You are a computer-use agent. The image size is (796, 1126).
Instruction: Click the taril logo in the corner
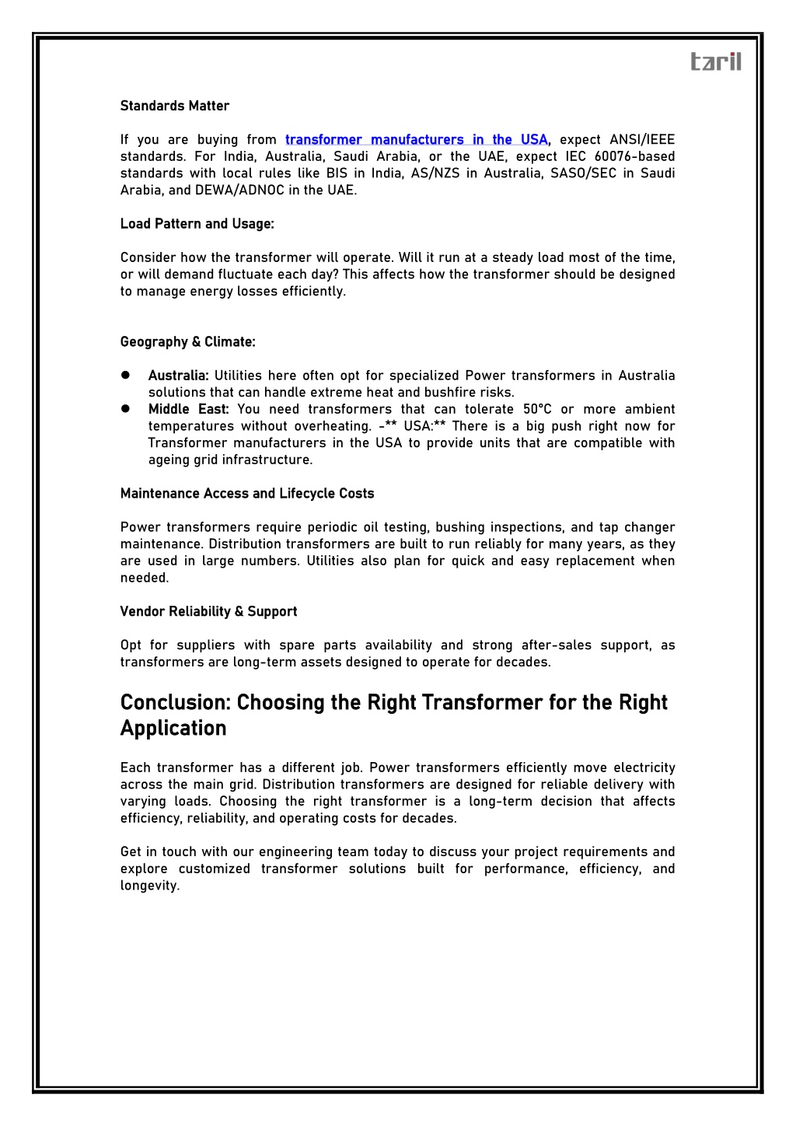point(716,61)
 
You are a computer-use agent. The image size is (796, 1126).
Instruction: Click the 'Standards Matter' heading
point(175,106)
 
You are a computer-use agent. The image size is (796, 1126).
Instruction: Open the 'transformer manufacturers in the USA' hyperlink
point(417,140)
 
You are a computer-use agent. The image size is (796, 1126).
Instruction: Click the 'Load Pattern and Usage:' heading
point(197,224)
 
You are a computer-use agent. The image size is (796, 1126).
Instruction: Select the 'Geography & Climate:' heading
point(187,342)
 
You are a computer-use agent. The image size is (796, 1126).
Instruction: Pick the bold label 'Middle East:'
point(189,410)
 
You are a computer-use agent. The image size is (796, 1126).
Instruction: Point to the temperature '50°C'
point(537,410)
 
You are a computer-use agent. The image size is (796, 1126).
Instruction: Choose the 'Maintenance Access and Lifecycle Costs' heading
point(247,494)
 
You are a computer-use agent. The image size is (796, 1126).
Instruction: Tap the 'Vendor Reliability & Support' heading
point(208,612)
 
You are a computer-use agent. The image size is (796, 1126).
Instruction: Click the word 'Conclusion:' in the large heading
point(176,703)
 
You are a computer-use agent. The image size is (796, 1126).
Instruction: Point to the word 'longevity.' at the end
point(150,886)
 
